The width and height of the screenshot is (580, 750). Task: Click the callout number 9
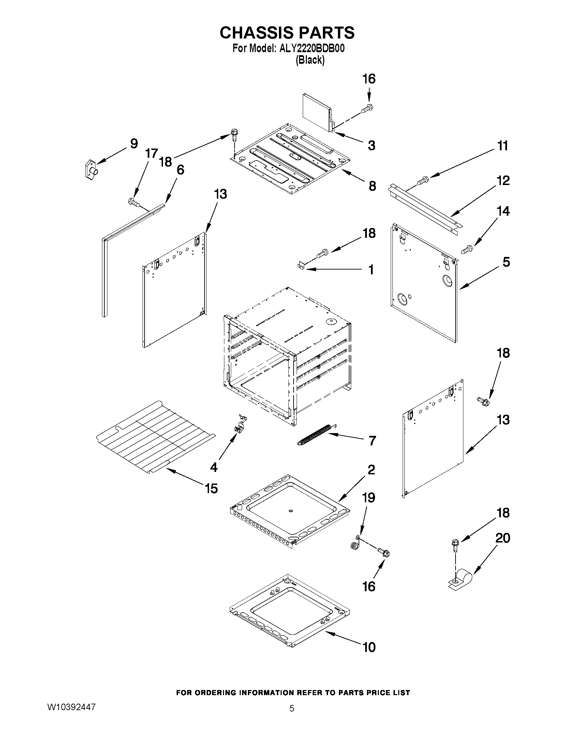[x=134, y=143]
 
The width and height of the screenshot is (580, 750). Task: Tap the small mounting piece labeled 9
[x=90, y=169]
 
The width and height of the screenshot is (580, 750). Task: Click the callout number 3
[x=371, y=145]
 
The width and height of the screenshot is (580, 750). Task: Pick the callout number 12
[x=503, y=181]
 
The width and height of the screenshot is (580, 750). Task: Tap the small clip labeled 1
[x=301, y=266]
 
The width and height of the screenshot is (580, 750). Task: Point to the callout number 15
[x=211, y=488]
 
